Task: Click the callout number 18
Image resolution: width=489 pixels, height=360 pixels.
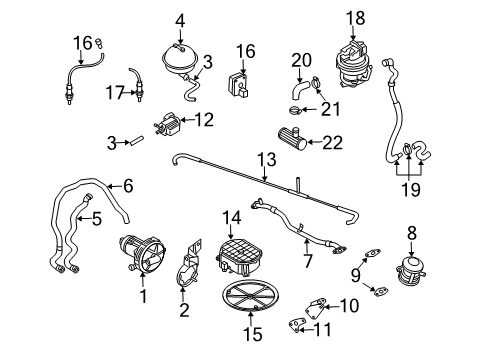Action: [x=356, y=18]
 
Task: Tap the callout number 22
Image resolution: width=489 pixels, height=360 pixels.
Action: [x=332, y=143]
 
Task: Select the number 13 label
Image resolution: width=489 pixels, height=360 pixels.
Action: [x=267, y=159]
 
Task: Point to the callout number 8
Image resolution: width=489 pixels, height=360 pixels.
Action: [x=412, y=233]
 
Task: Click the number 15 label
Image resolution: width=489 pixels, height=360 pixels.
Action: [x=252, y=334]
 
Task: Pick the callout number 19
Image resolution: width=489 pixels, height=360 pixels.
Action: [x=411, y=190]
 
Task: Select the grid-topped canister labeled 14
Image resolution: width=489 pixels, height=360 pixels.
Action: [x=238, y=257]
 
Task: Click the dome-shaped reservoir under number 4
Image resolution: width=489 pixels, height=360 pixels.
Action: [x=180, y=61]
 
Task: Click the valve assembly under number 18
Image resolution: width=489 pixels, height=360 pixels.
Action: [x=353, y=64]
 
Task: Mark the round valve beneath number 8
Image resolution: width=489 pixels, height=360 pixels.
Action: [x=411, y=270]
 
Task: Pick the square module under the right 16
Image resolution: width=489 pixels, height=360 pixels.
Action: [x=238, y=86]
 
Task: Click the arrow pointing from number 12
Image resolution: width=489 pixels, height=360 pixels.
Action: [x=187, y=120]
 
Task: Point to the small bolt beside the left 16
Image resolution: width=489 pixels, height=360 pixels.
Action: [x=99, y=43]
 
